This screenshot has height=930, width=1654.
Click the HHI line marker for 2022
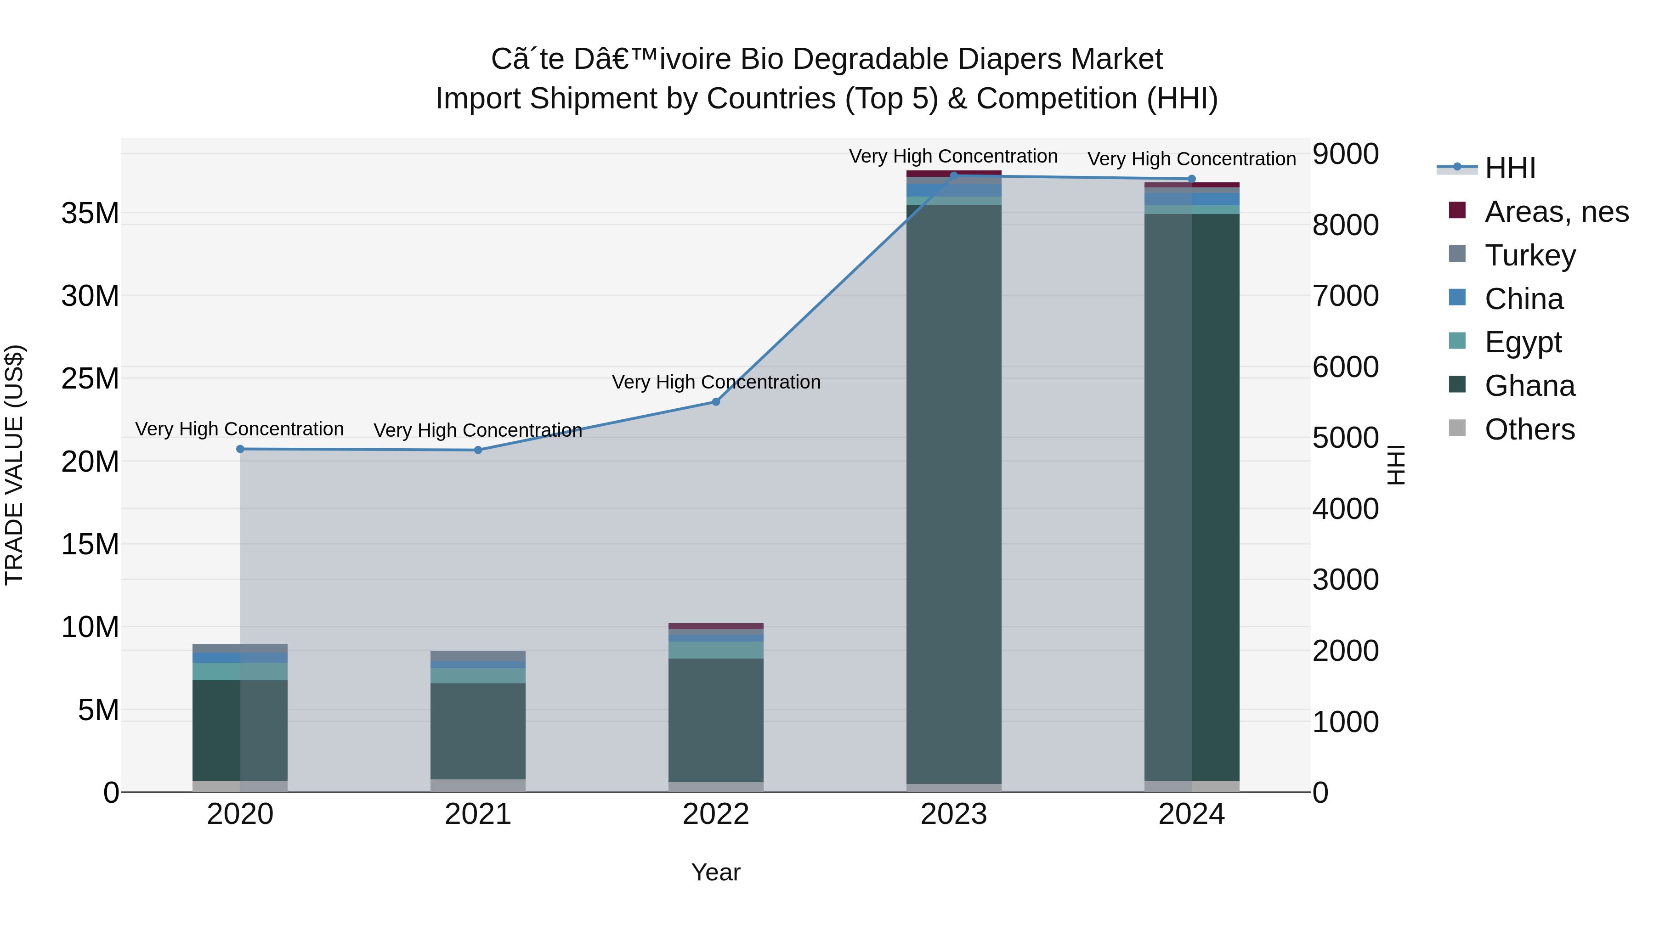pos(716,402)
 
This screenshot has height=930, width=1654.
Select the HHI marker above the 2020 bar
pos(240,449)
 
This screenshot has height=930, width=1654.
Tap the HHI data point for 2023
pos(953,175)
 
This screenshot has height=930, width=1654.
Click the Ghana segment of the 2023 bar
pos(953,494)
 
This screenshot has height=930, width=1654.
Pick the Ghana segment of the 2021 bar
pos(478,731)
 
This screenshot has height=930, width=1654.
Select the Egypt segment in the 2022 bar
pos(716,649)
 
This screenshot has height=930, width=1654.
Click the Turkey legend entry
pos(1530,255)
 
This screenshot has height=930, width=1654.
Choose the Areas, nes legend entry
pos(1557,212)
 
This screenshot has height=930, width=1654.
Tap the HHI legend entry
pos(1510,168)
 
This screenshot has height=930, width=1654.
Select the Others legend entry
pos(1529,429)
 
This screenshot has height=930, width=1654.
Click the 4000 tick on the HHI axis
pos(1345,509)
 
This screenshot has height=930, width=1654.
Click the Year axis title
pos(715,872)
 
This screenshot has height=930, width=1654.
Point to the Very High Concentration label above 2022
pos(716,382)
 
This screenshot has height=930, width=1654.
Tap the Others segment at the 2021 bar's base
pos(478,786)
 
